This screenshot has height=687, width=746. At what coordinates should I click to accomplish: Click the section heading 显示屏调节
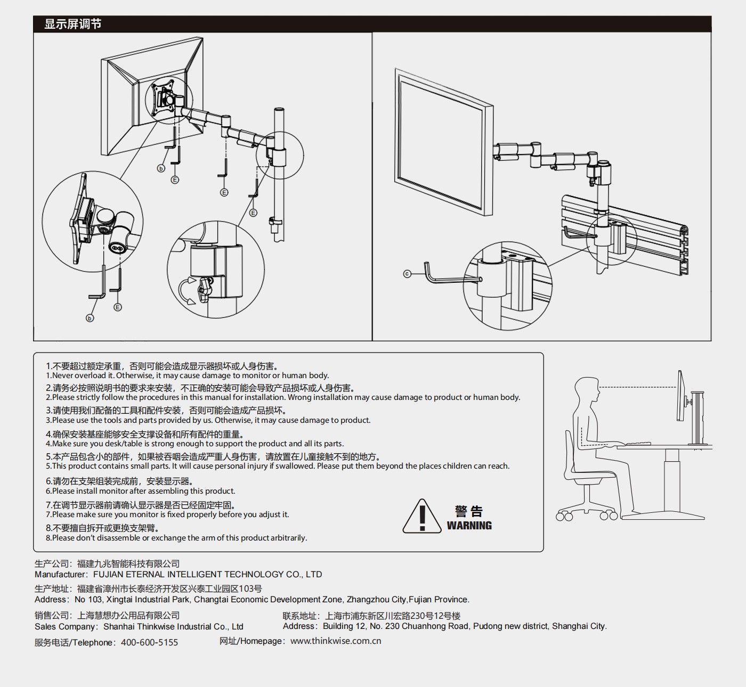point(72,24)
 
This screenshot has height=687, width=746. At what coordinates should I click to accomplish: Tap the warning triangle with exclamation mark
point(422,517)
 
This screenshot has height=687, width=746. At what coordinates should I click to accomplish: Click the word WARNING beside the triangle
point(469,526)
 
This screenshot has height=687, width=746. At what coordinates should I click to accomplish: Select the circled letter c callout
point(407,274)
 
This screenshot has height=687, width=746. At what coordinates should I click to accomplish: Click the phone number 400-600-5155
point(149,642)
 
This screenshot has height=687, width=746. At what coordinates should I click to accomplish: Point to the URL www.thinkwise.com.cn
point(336,641)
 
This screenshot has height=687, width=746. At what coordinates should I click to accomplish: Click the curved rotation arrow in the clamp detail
point(185,291)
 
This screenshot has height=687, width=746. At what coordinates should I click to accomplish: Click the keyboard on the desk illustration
point(638,443)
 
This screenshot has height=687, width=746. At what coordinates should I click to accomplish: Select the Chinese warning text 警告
point(469,511)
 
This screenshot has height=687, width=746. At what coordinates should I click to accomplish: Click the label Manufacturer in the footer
point(60,574)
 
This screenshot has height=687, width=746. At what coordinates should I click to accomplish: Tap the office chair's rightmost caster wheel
point(613,516)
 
